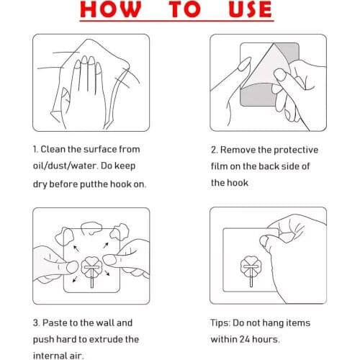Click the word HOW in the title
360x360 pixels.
[111, 9]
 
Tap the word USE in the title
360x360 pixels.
[250, 9]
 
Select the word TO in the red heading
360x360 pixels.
[185, 9]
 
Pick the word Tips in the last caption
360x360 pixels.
[220, 323]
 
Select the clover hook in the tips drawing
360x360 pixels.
[251, 269]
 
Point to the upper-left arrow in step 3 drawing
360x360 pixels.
[76, 248]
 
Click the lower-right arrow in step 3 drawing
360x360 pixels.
[107, 273]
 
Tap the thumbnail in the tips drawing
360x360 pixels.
[264, 241]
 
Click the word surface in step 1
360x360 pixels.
[100, 149]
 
